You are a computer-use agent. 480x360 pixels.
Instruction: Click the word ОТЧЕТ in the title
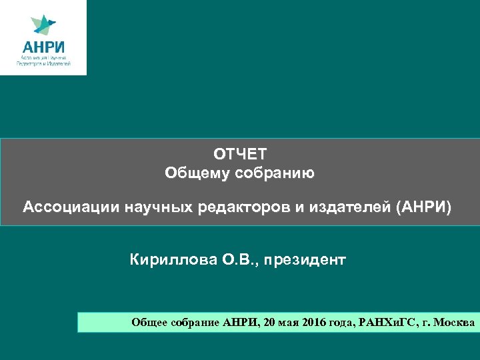pyautogui.click(x=239, y=155)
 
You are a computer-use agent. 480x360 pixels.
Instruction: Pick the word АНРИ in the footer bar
pyautogui.click(x=241, y=323)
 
